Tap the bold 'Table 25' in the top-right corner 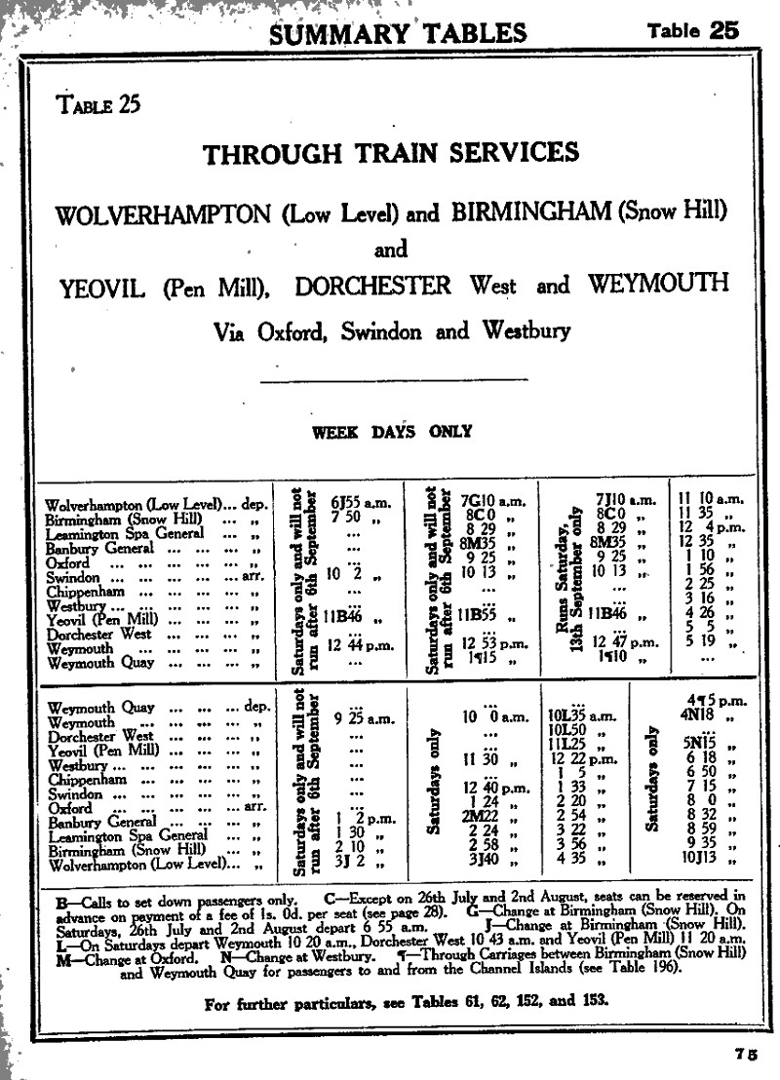[x=693, y=30]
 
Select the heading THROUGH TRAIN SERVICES [x=390, y=154]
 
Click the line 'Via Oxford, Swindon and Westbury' [x=391, y=330]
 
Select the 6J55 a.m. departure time [x=360, y=502]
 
